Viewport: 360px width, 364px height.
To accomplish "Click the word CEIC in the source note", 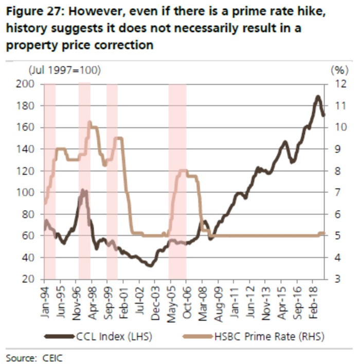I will [x=50, y=356].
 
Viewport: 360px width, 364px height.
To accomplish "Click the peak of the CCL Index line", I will [x=318, y=97].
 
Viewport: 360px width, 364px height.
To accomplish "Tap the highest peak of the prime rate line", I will [x=89, y=123].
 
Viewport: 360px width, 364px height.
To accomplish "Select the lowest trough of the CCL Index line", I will [x=150, y=265].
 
